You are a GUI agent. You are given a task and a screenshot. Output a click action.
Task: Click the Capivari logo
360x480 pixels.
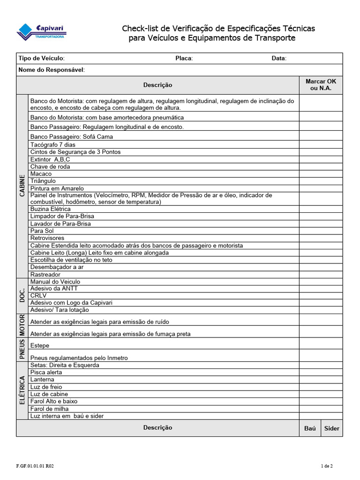41,32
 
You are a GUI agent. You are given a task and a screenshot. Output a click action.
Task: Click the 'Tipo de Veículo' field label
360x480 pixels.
41,58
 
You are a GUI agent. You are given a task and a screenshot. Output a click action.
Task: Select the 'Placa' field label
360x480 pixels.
184,58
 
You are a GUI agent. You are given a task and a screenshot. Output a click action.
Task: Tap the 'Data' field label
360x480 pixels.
279,58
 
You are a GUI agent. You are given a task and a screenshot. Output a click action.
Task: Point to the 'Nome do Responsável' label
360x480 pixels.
52,70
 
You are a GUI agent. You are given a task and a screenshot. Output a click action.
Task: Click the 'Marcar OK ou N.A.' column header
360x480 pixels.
321,85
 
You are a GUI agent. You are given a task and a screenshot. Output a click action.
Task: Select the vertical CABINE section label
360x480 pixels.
22,186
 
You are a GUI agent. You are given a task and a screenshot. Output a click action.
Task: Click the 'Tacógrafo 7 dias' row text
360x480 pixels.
52,145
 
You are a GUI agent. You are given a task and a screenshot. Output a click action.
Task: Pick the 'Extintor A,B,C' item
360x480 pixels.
50,159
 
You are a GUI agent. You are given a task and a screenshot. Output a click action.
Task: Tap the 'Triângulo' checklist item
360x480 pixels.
43,181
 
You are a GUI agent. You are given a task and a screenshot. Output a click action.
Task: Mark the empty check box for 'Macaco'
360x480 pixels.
321,174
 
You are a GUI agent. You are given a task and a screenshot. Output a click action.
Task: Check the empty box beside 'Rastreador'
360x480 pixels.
321,274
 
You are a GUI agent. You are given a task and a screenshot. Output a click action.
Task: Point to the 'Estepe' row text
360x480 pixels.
39,345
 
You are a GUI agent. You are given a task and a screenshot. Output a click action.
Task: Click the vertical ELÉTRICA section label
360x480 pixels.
22,390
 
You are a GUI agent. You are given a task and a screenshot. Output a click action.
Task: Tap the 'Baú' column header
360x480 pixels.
310,428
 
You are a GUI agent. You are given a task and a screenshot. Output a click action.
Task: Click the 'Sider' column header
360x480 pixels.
331,428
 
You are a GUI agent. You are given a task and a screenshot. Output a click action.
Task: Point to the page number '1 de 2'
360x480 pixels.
327,466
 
